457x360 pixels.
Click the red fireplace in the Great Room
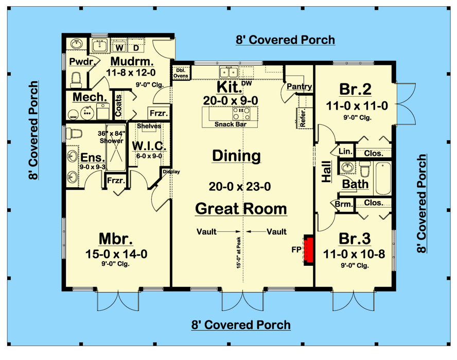coord(309,249)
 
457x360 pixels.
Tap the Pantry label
coord(300,86)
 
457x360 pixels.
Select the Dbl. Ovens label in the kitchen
coord(181,73)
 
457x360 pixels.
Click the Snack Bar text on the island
coord(231,124)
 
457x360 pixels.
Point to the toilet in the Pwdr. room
coord(76,80)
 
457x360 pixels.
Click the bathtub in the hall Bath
coord(383,178)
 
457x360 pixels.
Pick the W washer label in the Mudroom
coord(119,47)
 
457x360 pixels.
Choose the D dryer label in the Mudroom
coord(136,47)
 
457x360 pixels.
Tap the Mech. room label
coord(90,97)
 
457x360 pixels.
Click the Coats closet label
coord(118,106)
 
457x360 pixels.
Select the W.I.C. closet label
coord(149,146)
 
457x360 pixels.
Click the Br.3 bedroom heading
coord(355,239)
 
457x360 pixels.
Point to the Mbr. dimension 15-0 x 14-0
coord(116,254)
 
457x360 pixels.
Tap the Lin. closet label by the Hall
coord(346,151)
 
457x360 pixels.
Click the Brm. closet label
coord(344,204)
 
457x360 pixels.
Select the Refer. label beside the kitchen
coord(303,118)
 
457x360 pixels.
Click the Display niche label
coord(171,172)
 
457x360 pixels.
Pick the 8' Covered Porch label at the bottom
coord(241,325)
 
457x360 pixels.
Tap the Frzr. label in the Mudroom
coord(159,113)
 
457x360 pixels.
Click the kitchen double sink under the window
coord(229,71)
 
